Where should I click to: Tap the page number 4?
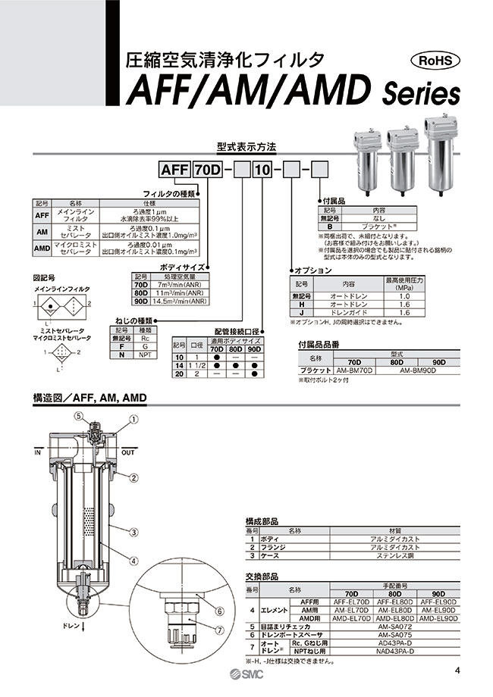(457, 670)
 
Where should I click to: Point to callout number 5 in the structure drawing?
(78, 414)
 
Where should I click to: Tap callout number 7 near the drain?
(220, 630)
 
